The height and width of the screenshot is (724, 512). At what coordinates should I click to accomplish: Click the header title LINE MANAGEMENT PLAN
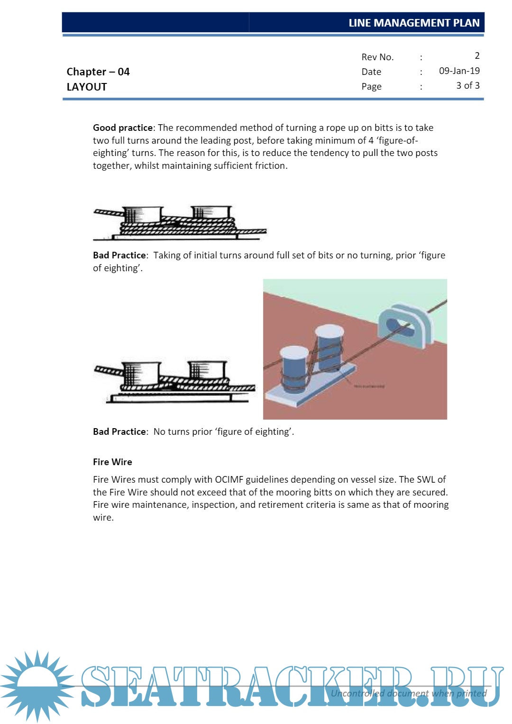point(414,23)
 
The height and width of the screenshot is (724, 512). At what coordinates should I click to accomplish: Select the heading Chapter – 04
point(98,72)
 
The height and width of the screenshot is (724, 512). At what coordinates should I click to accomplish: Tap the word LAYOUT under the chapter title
point(87,87)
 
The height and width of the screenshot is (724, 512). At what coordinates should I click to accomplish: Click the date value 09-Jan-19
point(459,71)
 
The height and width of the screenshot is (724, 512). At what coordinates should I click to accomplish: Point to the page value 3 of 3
point(467,86)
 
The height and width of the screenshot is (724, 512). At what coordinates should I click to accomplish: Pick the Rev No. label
point(377,57)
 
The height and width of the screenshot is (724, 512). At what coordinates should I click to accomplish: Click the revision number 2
point(477,56)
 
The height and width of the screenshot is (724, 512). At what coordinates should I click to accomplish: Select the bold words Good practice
point(123,128)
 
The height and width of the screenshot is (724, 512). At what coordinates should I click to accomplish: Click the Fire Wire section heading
point(112,462)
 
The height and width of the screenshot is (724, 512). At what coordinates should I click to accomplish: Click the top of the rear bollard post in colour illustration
point(329,331)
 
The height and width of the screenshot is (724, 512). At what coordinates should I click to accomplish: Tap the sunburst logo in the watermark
point(37,686)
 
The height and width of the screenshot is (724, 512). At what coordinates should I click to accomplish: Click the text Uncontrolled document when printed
point(408,693)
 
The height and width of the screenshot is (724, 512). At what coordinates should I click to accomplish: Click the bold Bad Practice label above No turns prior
point(119,431)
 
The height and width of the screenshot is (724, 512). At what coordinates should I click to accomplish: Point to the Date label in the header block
point(371,72)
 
